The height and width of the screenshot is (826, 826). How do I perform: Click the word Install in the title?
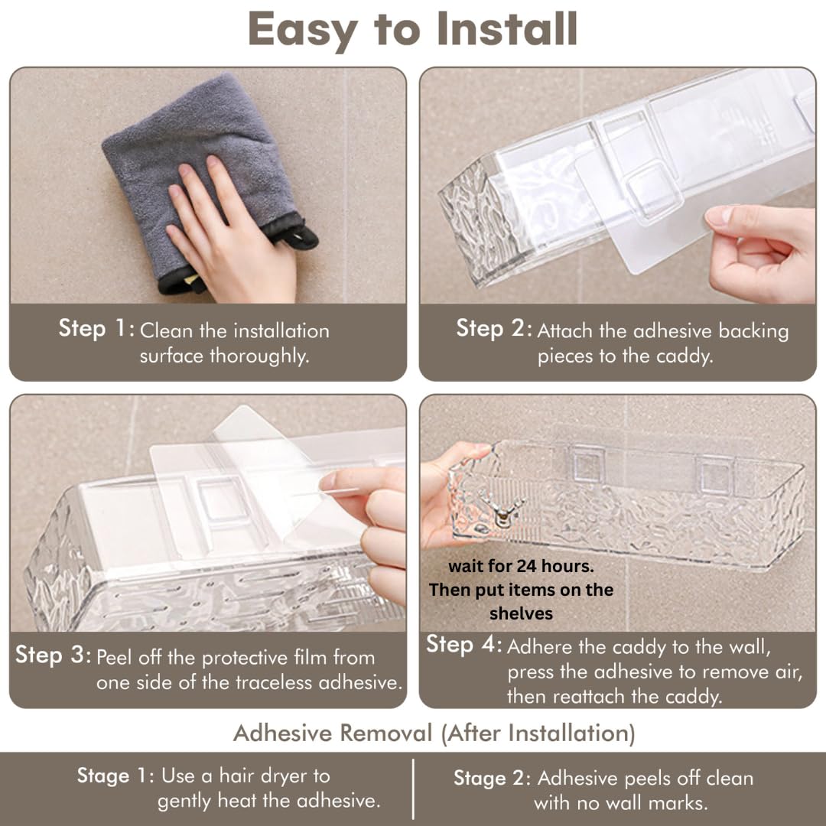point(507,30)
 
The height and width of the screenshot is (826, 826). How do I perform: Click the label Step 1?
point(96,329)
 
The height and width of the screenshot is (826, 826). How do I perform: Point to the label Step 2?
point(493,329)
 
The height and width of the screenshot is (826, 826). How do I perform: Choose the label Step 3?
point(53,655)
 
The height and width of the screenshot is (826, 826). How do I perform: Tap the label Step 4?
point(464,645)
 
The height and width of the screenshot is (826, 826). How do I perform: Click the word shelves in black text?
point(521,613)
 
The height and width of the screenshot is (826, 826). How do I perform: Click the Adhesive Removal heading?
point(434,733)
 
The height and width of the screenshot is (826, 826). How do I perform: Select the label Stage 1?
point(115,776)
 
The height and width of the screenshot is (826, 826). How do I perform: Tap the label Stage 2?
point(492,779)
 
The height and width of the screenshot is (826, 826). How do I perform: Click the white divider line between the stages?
point(414,789)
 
